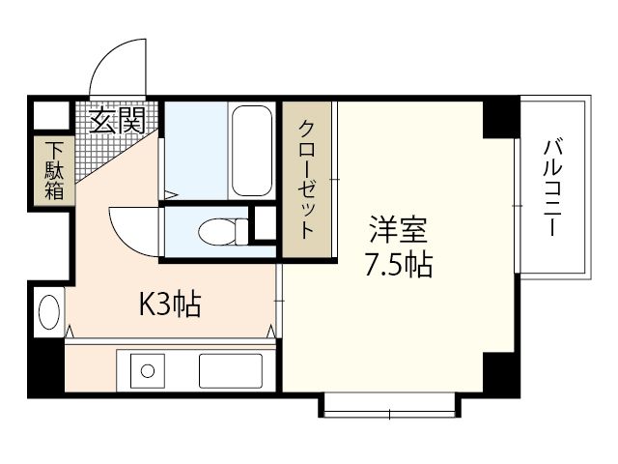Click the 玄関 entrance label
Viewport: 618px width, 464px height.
pyautogui.click(x=118, y=121)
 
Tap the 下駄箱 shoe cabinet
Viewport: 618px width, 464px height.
pyautogui.click(x=51, y=171)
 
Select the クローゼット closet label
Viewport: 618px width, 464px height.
pyautogui.click(x=305, y=180)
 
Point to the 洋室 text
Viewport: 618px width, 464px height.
pyautogui.click(x=397, y=233)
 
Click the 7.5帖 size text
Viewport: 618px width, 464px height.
pyautogui.click(x=397, y=264)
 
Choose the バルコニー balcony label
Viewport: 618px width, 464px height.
pyautogui.click(x=552, y=188)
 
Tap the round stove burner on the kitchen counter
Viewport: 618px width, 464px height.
pyautogui.click(x=148, y=370)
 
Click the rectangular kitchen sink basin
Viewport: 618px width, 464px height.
pyautogui.click(x=230, y=370)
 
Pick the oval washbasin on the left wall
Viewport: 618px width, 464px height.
pyautogui.click(x=48, y=312)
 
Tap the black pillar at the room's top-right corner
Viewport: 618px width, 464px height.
pyautogui.click(x=500, y=117)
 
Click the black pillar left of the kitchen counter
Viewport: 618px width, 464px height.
pyautogui.click(x=44, y=367)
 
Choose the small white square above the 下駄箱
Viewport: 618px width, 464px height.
pyautogui.click(x=46, y=115)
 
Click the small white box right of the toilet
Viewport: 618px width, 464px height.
pyautogui.click(x=264, y=224)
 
